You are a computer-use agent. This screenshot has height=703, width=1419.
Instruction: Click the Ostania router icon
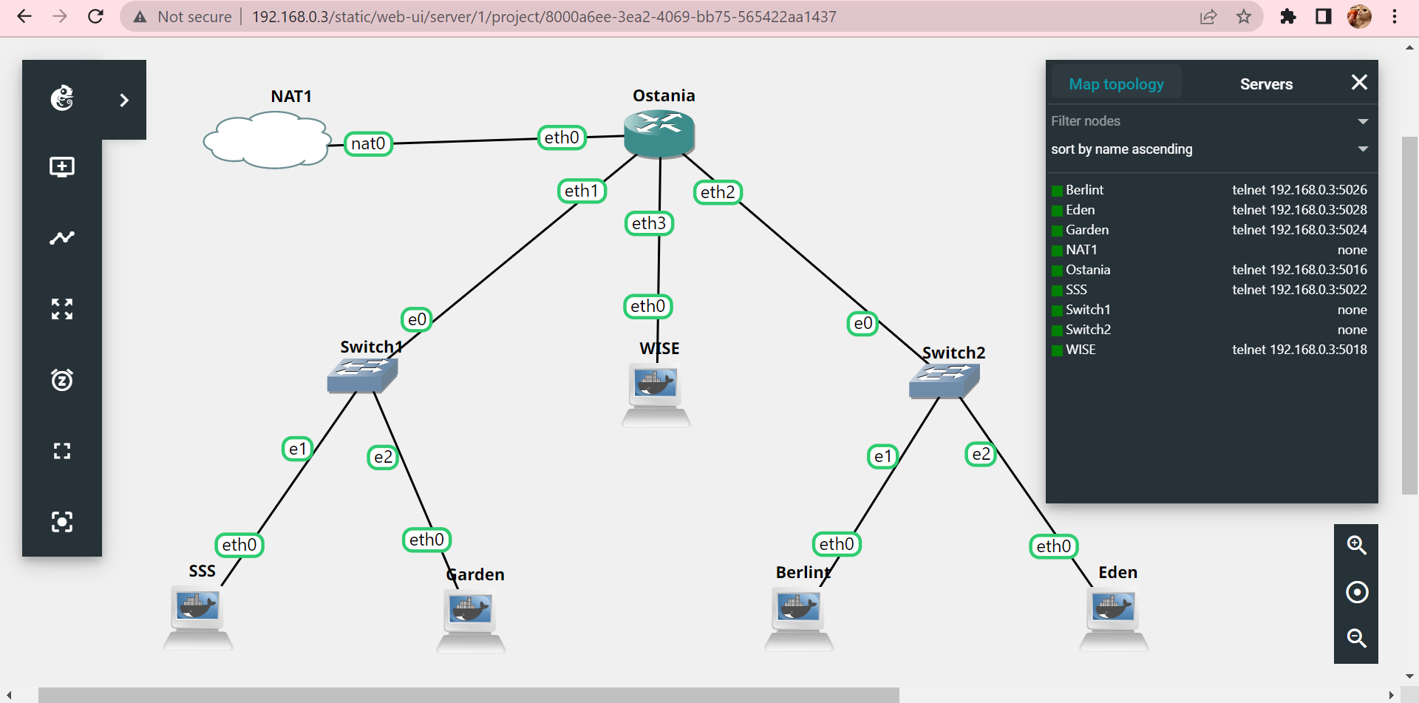coord(659,133)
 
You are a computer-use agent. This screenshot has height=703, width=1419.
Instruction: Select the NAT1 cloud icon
coord(267,140)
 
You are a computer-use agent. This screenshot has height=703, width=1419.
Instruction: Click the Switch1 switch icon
coord(362,375)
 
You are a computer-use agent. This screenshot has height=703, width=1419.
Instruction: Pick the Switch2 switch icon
coord(945,381)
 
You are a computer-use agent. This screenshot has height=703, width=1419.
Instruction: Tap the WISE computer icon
coord(656,395)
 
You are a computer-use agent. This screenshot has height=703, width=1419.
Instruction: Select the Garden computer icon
coord(471,621)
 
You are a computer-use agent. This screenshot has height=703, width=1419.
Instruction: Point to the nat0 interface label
coord(368,143)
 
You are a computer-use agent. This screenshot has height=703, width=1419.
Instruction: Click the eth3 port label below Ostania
coord(649,223)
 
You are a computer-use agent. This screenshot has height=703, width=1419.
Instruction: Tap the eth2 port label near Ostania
coord(718,192)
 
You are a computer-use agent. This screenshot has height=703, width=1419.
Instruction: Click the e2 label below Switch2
coord(981,454)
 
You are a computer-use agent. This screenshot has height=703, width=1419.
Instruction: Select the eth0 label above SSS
coord(239,545)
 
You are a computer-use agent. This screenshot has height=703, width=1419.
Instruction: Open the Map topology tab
coord(1116,84)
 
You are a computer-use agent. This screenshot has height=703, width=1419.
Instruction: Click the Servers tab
coord(1266,84)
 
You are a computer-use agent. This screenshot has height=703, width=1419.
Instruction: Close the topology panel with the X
coord(1359,82)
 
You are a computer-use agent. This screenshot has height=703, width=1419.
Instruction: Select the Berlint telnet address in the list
coord(1299,190)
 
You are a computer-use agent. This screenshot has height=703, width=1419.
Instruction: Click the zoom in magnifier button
coord(1356,546)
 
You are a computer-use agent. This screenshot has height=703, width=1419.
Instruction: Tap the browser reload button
coord(95,16)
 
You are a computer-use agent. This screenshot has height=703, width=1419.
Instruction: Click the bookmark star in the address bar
coord(1244,16)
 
